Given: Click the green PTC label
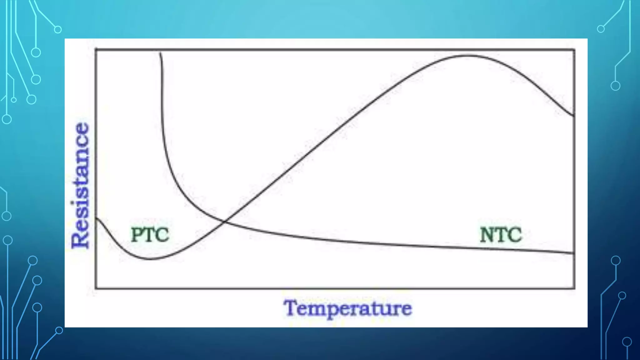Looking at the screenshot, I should [x=150, y=235].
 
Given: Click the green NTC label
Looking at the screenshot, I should [x=501, y=235].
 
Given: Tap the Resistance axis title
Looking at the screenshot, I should [x=80, y=186].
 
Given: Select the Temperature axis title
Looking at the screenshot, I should [x=348, y=308].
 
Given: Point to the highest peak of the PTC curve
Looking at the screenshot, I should [x=467, y=56].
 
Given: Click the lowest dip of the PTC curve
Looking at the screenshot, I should [x=150, y=259].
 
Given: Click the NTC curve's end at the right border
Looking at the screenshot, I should [x=574, y=253].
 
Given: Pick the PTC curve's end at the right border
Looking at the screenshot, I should [x=574, y=116].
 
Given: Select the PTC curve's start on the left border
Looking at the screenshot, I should [x=96, y=218].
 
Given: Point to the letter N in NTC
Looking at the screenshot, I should [x=487, y=235].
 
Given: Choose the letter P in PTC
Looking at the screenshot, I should [x=137, y=235].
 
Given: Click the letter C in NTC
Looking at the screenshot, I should [x=514, y=235].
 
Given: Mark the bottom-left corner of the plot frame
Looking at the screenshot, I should [x=96, y=288].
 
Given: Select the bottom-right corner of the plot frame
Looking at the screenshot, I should [x=574, y=288].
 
